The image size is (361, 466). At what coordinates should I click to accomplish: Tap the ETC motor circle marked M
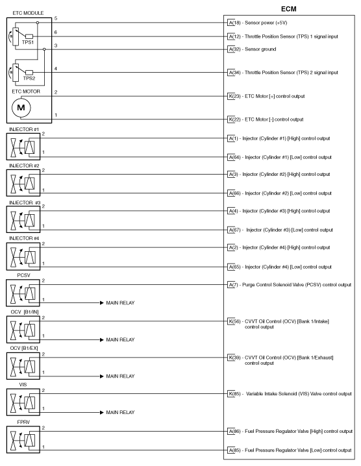pyautogui.click(x=21, y=107)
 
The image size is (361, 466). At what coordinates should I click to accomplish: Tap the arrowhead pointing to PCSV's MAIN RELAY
pyautogui.click(x=101, y=303)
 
